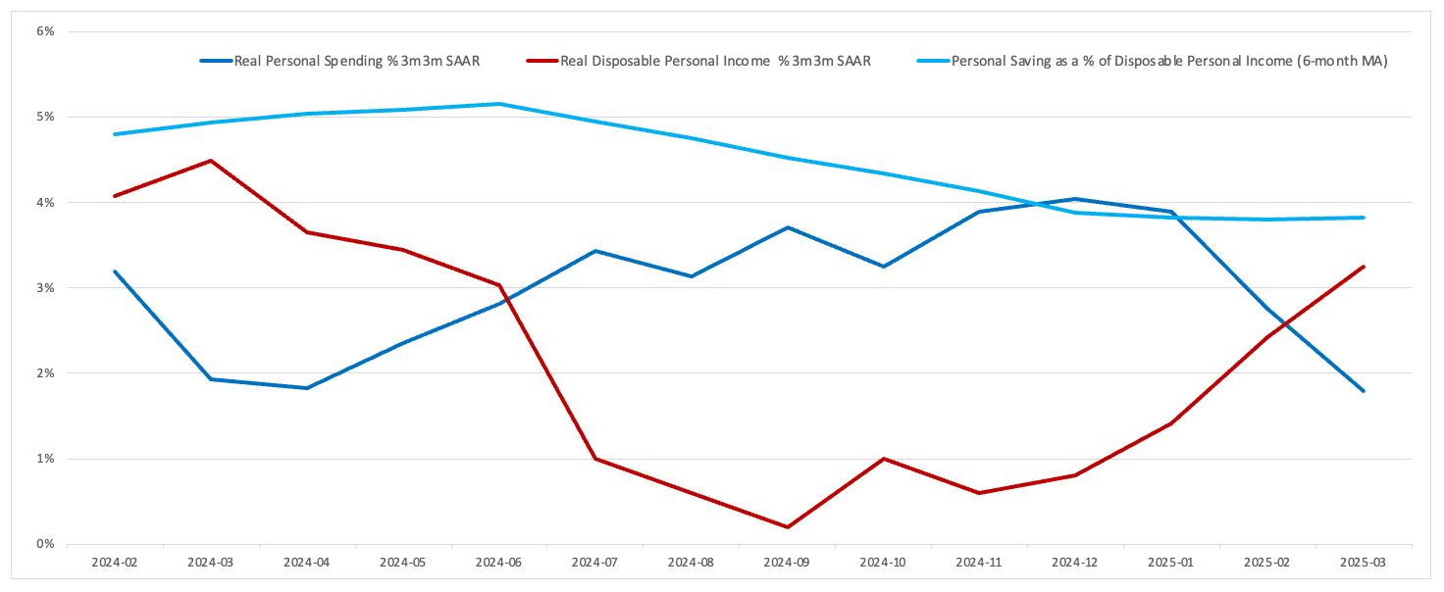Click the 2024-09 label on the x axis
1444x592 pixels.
(787, 564)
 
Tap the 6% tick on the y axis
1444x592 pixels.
(45, 31)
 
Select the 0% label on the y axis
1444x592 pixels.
(45, 544)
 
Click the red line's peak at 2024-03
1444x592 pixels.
(210, 161)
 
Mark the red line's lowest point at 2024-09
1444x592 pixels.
(787, 527)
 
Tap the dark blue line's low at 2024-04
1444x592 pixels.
(306, 388)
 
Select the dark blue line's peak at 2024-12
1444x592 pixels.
(1075, 199)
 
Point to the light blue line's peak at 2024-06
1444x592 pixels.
(498, 104)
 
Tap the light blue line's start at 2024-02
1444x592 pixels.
(115, 134)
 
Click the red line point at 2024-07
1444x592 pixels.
(594, 459)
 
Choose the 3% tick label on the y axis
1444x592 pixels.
(45, 288)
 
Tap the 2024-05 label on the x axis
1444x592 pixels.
(402, 564)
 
